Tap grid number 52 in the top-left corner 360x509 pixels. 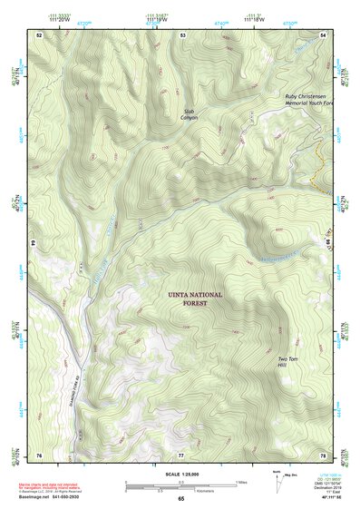39,34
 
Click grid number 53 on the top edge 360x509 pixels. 182,34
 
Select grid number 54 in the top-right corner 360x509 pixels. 323,34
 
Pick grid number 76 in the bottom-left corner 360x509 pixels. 39,454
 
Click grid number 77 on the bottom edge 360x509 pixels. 181,454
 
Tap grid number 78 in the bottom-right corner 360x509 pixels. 323,454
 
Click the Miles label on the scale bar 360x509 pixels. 241,481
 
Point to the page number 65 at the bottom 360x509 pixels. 180,499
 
